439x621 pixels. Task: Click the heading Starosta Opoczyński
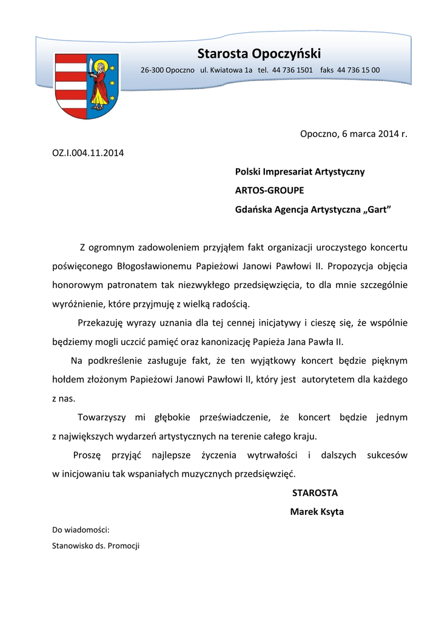point(259,53)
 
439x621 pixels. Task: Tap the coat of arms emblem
point(87,85)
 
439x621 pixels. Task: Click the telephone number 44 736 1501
point(293,70)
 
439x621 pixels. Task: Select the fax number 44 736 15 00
point(359,70)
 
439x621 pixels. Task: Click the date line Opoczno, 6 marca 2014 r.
point(354,133)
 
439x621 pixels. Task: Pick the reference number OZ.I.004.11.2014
point(89,152)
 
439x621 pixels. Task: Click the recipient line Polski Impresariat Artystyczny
point(300,172)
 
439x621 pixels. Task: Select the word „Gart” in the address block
point(377,210)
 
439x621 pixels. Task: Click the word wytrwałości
point(272,455)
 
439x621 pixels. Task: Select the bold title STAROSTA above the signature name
point(315,492)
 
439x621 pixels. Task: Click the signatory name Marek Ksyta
point(317,512)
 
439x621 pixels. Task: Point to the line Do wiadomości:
point(81,529)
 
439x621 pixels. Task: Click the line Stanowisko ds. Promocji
point(96,546)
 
